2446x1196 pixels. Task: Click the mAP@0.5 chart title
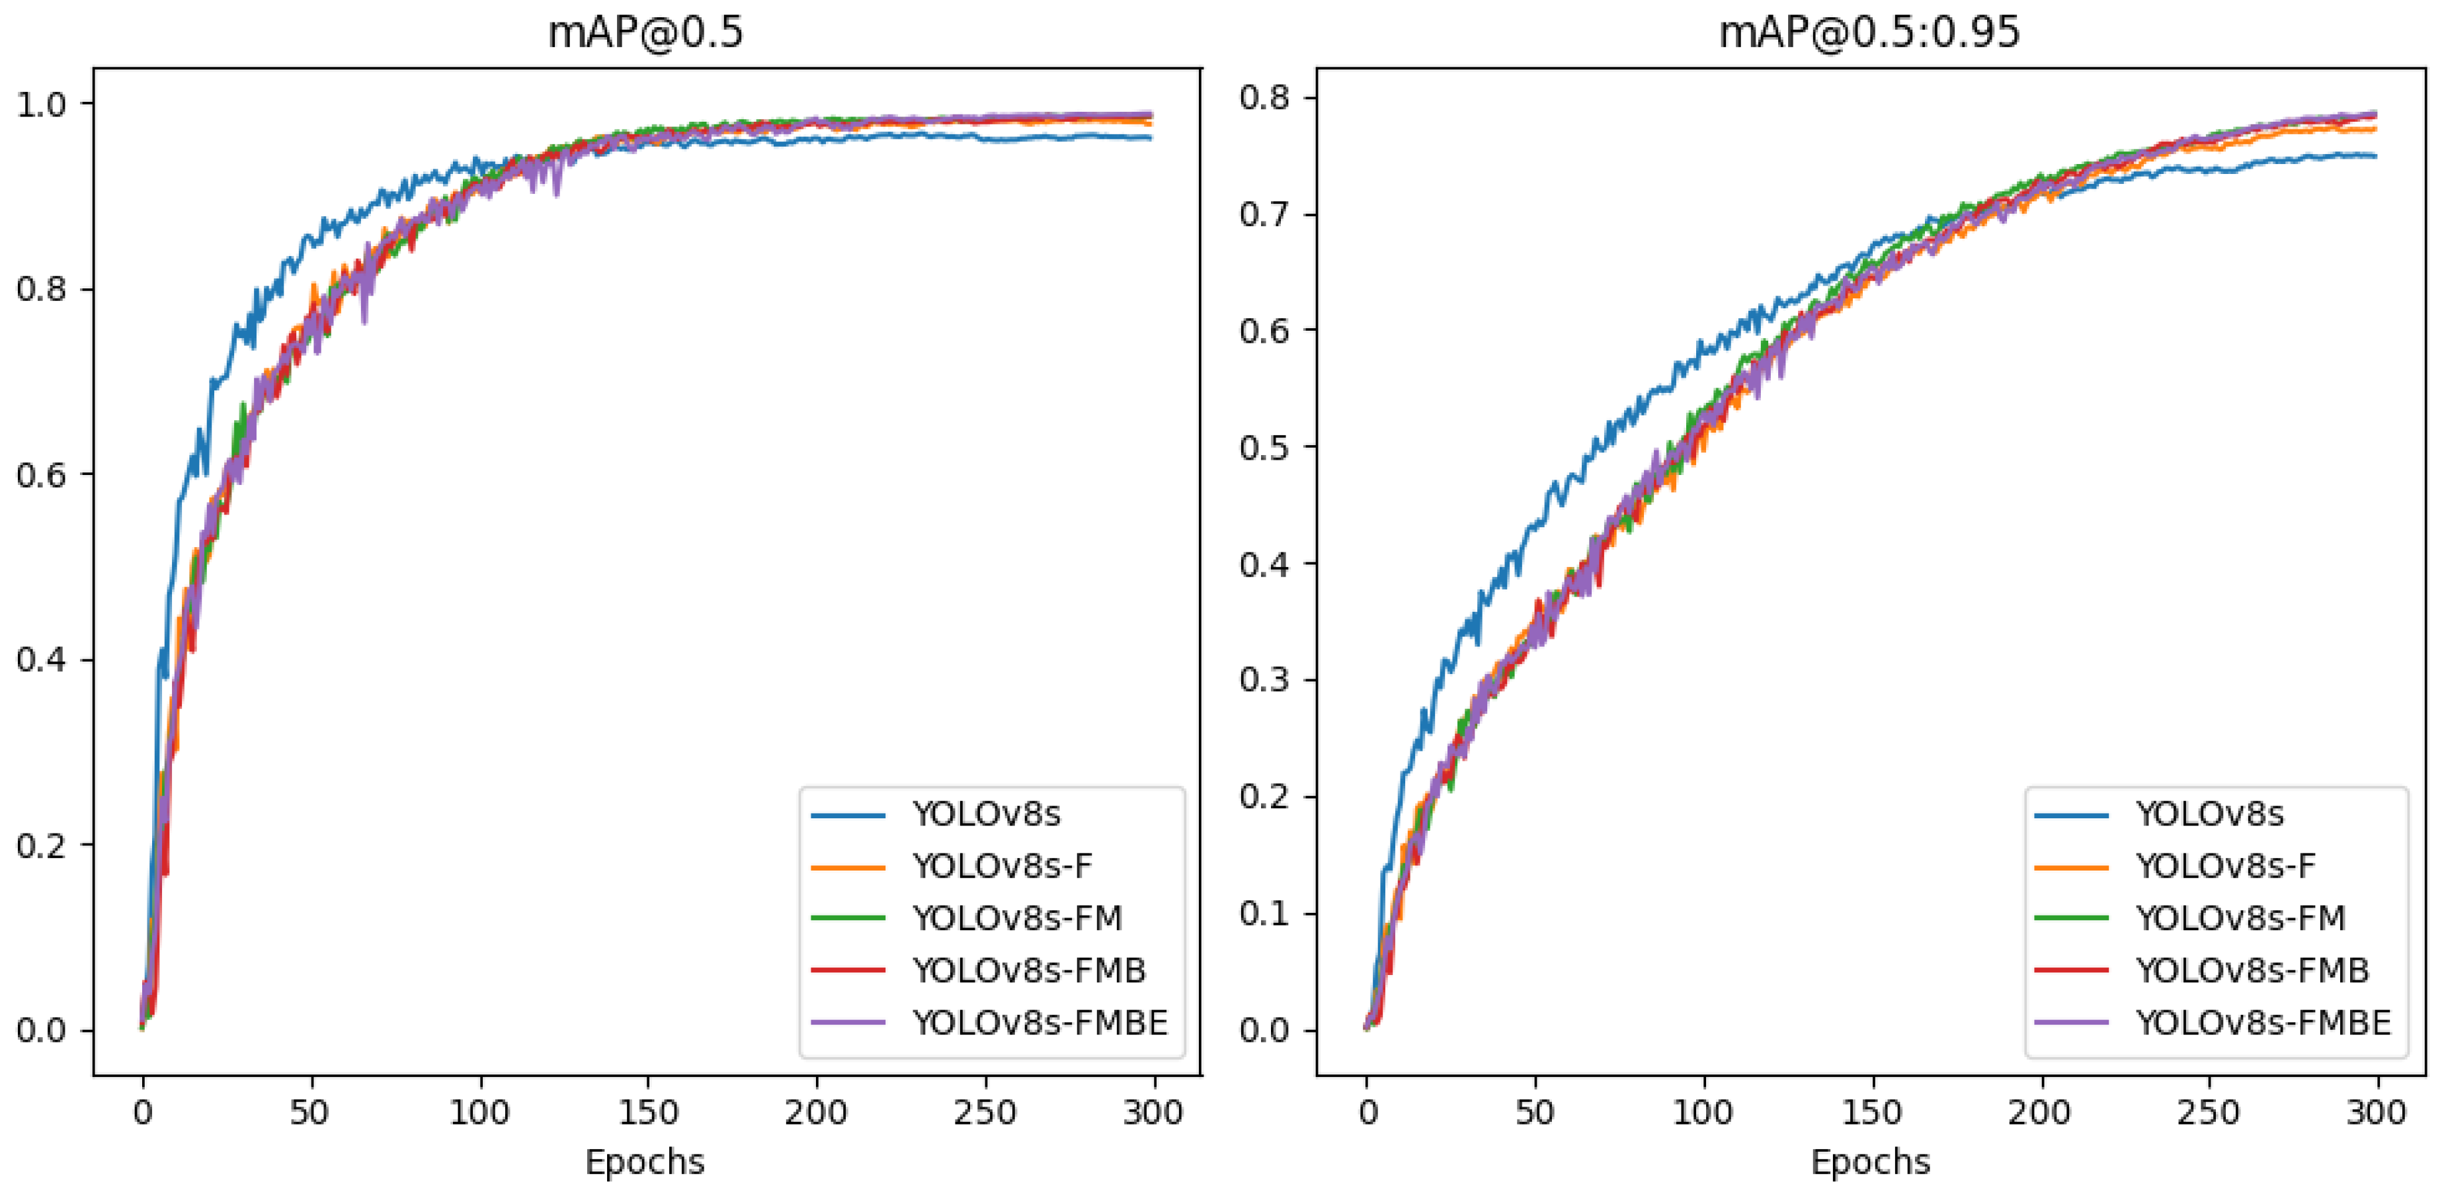645,32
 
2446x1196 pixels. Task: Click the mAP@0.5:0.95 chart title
1869,32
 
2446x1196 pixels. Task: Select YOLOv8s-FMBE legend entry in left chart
1040,1023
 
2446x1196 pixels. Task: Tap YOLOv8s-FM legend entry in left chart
1017,918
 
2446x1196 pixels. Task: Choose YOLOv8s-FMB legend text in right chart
2252,970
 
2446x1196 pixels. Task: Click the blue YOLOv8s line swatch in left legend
848,814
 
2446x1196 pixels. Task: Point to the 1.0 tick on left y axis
41,104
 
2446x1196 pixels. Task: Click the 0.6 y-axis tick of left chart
41,474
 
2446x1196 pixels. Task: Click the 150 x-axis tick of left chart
647,1113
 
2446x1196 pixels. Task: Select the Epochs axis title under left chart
645,1162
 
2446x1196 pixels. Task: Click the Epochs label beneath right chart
1869,1162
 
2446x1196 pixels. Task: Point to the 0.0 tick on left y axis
41,1031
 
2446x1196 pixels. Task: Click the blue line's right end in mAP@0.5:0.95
2374,156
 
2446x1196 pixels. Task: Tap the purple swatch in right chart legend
2071,1023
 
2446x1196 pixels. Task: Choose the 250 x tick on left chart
985,1113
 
